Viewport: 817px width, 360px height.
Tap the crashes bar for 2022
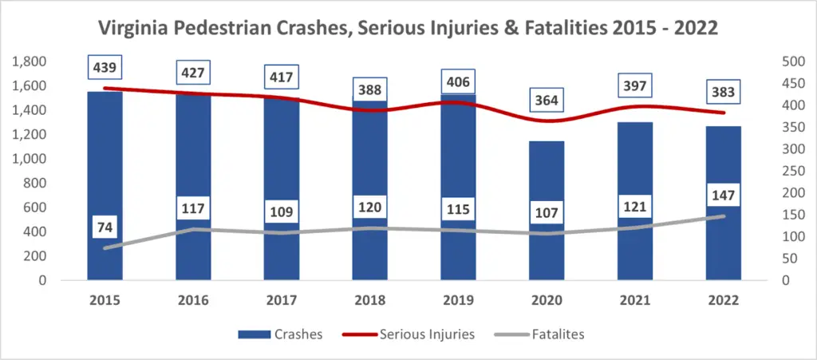point(724,247)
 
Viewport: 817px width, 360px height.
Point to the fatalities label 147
point(724,195)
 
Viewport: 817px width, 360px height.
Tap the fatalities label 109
point(282,212)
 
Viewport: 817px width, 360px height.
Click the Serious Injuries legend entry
point(424,334)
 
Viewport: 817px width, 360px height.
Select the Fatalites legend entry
point(558,334)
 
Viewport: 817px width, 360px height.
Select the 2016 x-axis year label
point(194,301)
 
